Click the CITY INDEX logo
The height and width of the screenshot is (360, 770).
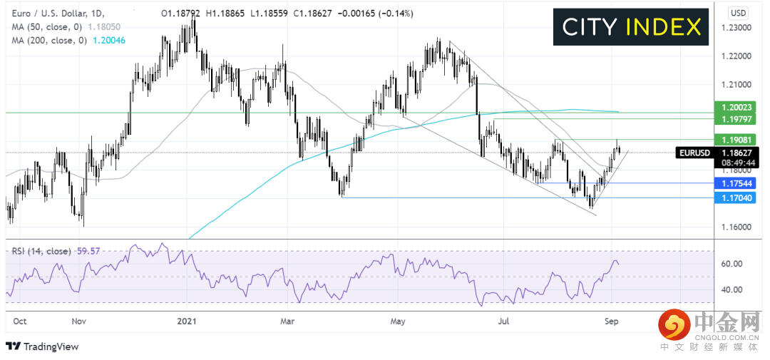click(630, 27)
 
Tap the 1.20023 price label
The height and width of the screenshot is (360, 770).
click(738, 106)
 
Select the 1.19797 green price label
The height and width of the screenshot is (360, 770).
click(738, 118)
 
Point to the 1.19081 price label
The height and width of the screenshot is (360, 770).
click(738, 140)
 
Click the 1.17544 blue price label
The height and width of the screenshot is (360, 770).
click(738, 183)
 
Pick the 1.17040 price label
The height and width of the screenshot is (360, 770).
click(738, 198)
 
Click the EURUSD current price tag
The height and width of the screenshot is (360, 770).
click(722, 152)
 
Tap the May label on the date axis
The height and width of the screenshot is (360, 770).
click(398, 322)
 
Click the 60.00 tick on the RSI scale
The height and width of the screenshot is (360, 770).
click(734, 264)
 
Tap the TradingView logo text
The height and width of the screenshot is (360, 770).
click(50, 346)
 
